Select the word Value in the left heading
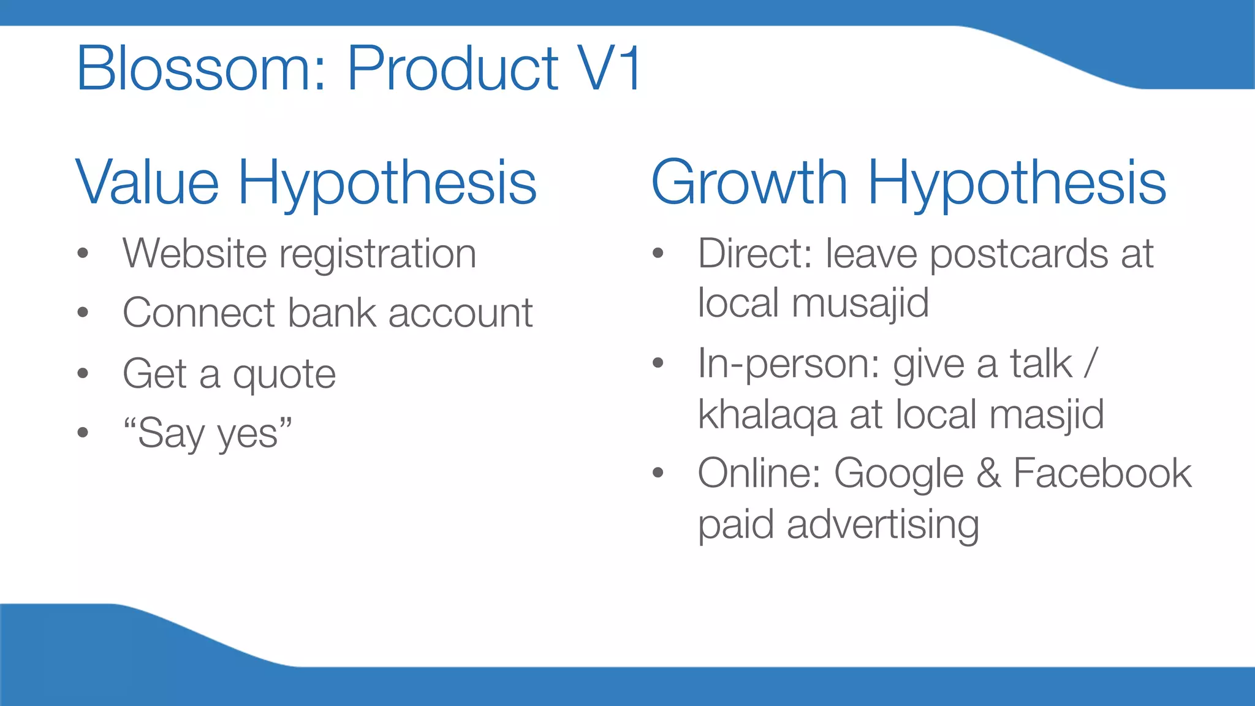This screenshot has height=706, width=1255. (147, 183)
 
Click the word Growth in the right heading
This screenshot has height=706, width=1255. (749, 183)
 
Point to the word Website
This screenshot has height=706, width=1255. (194, 253)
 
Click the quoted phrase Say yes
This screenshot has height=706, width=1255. (208, 433)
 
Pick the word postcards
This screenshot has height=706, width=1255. (1018, 254)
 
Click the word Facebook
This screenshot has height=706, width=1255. (1102, 473)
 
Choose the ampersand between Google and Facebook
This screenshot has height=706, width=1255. (988, 473)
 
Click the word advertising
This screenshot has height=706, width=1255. (882, 525)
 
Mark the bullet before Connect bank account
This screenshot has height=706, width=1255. (83, 313)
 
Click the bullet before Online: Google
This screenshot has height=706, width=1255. (658, 473)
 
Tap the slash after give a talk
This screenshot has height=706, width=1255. (1090, 363)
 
